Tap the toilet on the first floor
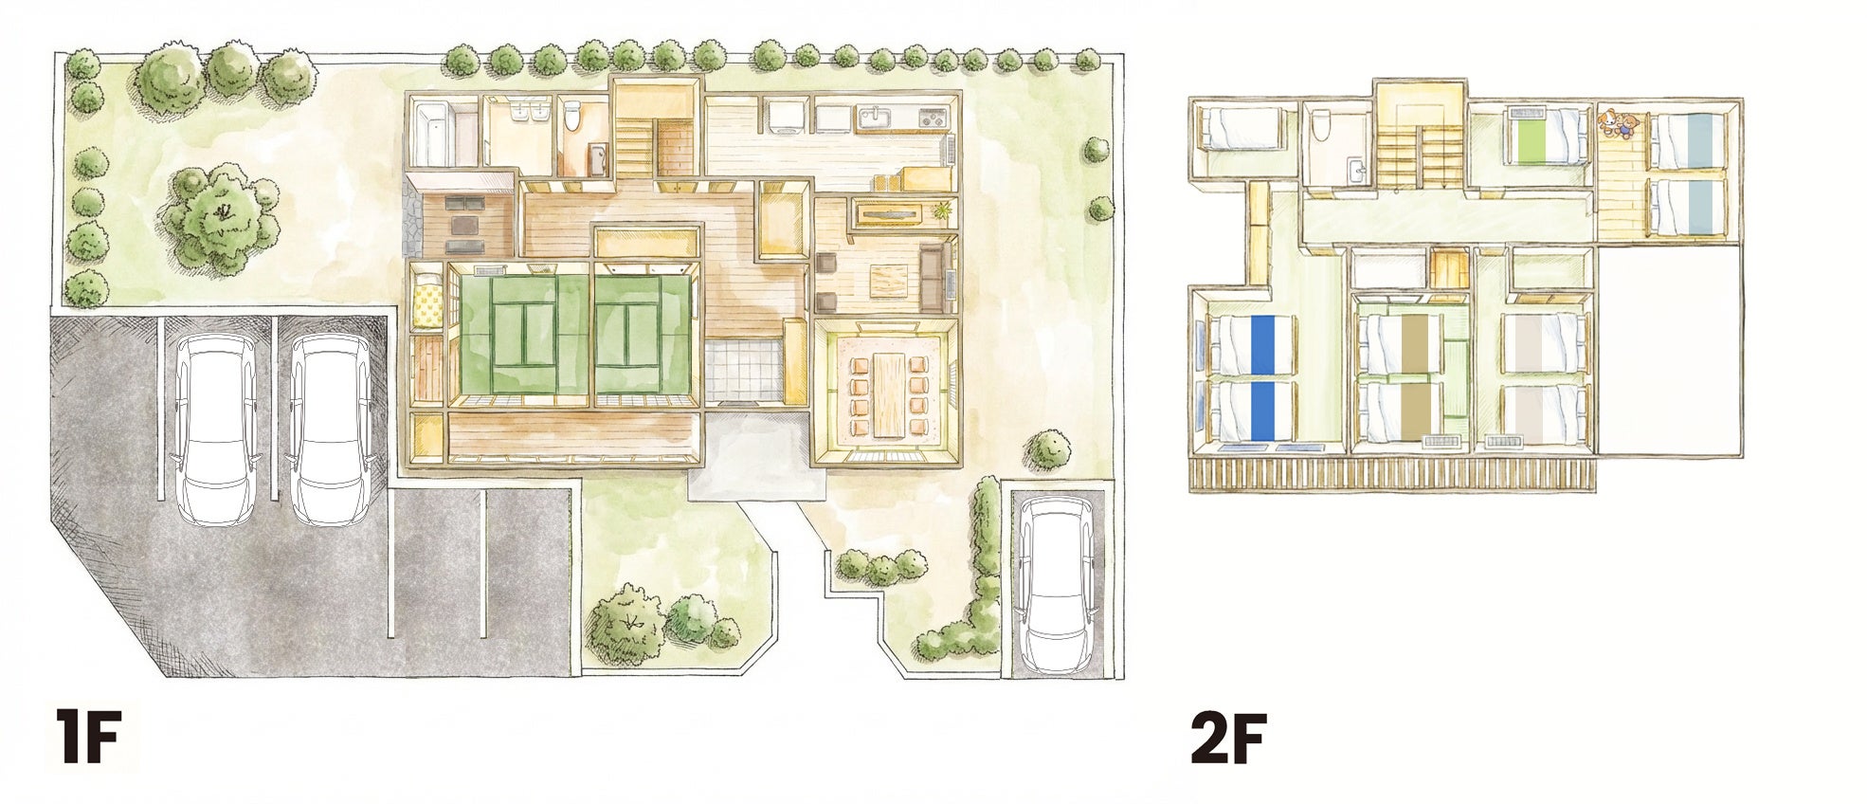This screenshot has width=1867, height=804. click(x=571, y=118)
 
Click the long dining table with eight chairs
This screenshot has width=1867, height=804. click(x=888, y=394)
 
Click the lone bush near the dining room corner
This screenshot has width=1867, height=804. click(x=1048, y=450)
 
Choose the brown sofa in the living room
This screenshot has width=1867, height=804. click(x=933, y=277)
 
